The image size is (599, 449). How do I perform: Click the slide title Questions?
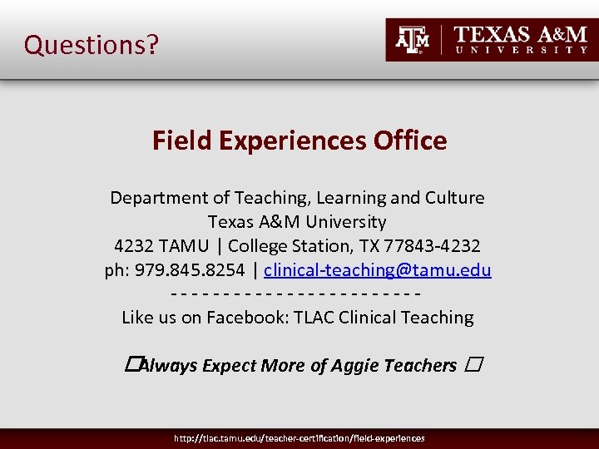click(91, 44)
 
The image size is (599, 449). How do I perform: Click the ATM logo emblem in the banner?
click(413, 39)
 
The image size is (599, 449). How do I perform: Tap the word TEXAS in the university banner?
click(492, 34)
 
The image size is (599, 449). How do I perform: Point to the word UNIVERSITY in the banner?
click(525, 50)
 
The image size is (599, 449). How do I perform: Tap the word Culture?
click(454, 198)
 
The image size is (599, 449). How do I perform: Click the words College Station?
click(280, 246)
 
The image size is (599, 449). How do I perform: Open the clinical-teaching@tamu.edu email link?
click(378, 270)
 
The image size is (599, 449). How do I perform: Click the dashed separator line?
click(295, 294)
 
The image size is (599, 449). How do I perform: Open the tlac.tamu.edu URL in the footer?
click(299, 438)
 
